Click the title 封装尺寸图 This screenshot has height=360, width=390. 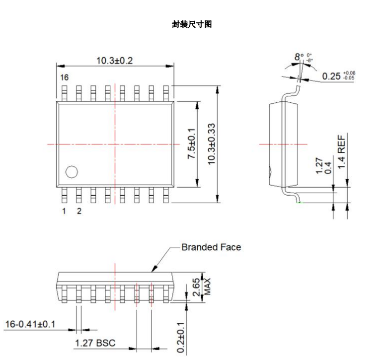(192, 24)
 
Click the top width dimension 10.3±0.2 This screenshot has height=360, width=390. (115, 61)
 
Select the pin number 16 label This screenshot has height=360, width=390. (64, 77)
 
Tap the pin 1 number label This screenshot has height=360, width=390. (64, 211)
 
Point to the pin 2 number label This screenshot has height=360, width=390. (79, 211)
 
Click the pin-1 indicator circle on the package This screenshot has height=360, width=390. (72, 172)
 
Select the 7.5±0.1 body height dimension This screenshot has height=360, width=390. (191, 144)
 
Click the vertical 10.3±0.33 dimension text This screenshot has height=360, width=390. (212, 144)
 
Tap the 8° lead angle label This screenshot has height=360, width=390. (299, 57)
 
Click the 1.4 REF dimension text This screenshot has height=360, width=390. (341, 152)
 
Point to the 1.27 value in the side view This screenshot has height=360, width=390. (319, 165)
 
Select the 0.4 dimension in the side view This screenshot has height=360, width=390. (328, 168)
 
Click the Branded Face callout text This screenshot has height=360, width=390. (211, 247)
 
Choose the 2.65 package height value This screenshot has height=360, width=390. (196, 287)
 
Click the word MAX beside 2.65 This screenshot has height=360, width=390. (207, 287)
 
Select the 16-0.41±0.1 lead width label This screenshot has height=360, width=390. (30, 324)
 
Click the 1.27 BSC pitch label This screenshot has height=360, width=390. (95, 343)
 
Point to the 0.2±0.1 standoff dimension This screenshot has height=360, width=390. (181, 337)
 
